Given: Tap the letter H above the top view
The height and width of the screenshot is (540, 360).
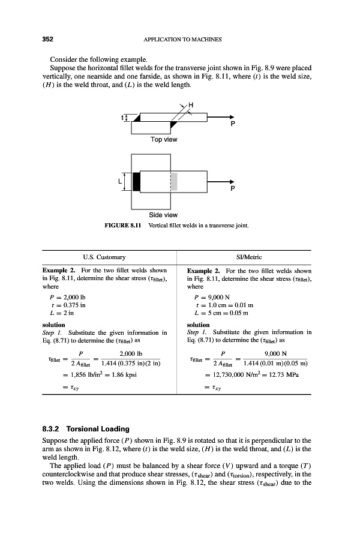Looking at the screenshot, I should click(191, 107).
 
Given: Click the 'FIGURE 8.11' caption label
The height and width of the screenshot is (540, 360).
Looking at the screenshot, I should click(124, 226).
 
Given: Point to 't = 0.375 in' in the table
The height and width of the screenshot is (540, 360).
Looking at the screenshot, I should click(79, 305).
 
